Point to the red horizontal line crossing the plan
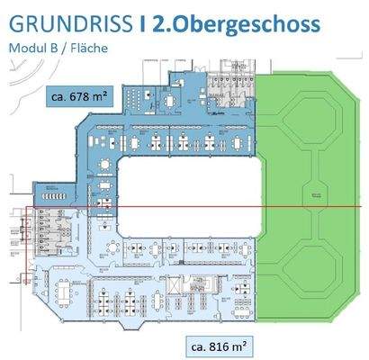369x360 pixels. pos(180,207)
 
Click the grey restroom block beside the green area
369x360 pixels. pos(225,90)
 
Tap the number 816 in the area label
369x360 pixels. pos(222,344)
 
